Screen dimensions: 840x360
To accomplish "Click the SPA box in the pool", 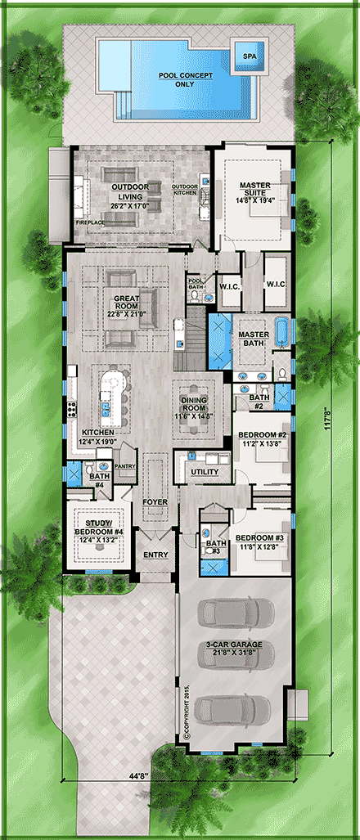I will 248,56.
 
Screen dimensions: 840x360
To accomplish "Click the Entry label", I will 155,555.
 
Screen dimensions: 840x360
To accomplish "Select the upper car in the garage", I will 235,611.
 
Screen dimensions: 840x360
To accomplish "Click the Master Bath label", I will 253,339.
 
